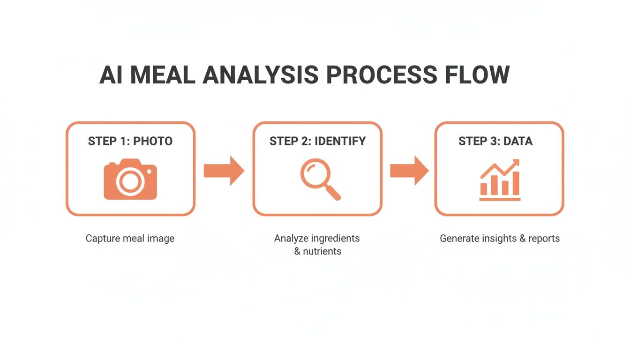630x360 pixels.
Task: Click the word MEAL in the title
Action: (162, 75)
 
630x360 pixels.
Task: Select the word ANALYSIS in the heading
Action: (260, 75)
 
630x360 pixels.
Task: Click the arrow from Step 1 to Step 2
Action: (224, 171)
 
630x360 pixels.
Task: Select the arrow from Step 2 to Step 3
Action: (409, 171)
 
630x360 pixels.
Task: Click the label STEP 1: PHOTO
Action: (130, 141)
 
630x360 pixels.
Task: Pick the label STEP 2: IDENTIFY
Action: (318, 141)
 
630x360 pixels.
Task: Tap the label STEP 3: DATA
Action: (495, 141)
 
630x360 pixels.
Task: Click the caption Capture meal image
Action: (130, 239)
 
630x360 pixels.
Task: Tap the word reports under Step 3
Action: (544, 239)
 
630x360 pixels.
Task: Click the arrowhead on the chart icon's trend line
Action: (516, 163)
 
